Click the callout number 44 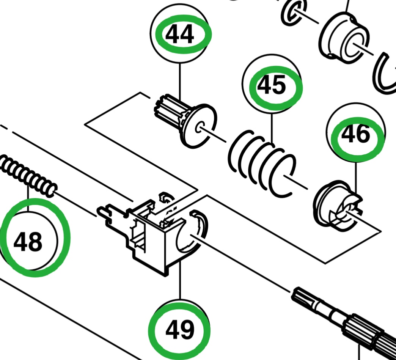(x=180, y=35)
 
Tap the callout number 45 (x=272, y=86)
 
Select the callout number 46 (x=355, y=135)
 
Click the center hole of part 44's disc (x=200, y=127)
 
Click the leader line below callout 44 (x=180, y=80)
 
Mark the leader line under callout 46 (x=356, y=174)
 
